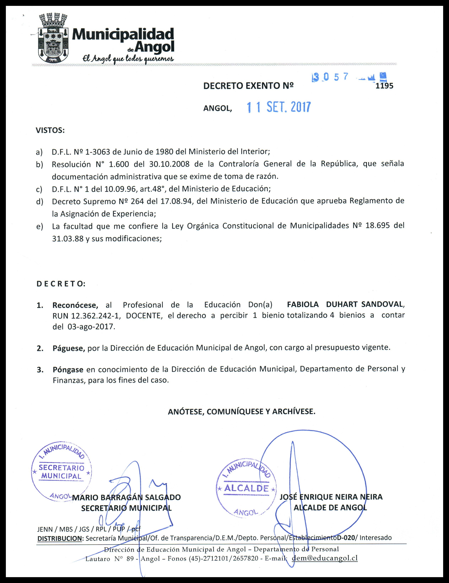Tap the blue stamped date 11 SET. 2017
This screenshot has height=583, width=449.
click(x=279, y=107)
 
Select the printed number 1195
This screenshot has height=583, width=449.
click(x=384, y=86)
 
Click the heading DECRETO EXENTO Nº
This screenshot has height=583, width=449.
click(x=248, y=86)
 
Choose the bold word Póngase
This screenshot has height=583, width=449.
click(x=68, y=370)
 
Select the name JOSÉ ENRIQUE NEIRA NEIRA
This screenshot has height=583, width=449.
click(x=331, y=497)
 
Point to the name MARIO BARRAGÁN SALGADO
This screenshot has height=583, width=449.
click(x=126, y=497)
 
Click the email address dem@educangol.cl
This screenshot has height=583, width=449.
click(x=325, y=558)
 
